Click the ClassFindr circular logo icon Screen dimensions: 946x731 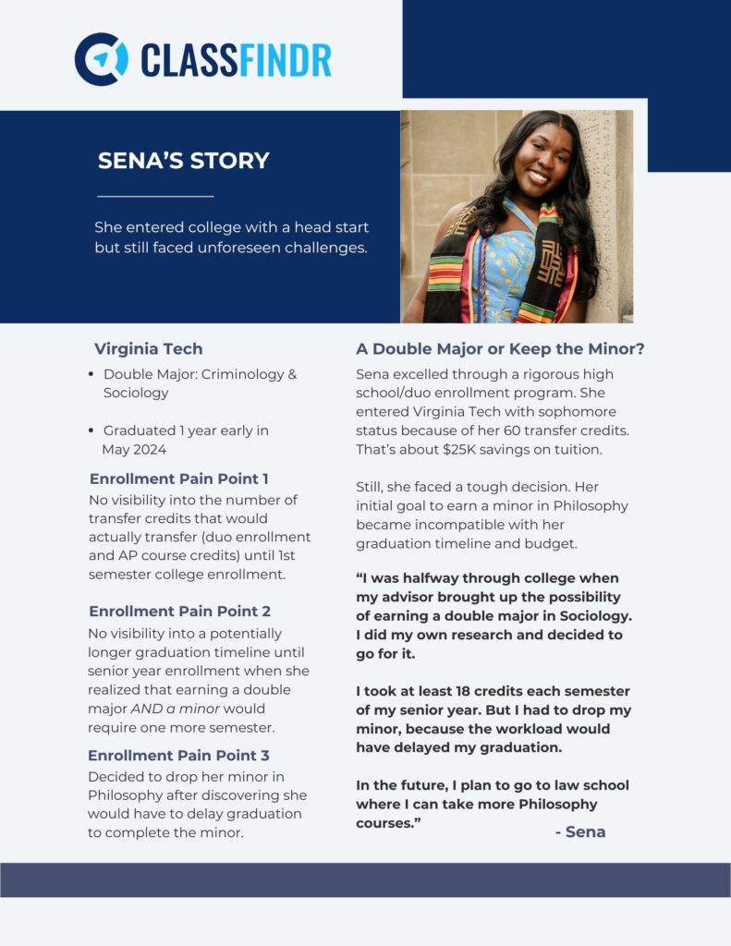click(x=101, y=59)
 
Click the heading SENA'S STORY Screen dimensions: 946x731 click(x=183, y=161)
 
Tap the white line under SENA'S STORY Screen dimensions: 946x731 click(x=155, y=196)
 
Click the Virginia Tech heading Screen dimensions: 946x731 click(x=148, y=349)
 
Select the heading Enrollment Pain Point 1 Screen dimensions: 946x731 click(x=178, y=479)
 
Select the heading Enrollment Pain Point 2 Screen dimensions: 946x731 click(x=178, y=612)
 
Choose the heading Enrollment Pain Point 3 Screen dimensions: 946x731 click(x=178, y=755)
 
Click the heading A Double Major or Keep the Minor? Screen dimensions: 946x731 click(x=500, y=349)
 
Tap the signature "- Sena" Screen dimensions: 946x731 click(x=579, y=831)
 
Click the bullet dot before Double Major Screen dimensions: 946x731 click(x=91, y=375)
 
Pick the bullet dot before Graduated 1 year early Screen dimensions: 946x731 click(x=91, y=431)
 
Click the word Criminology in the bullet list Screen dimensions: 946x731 click(x=242, y=375)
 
